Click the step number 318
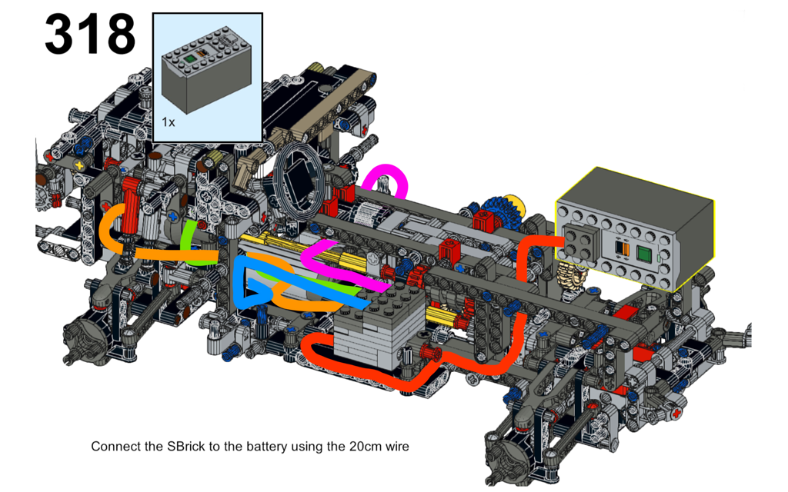[x=90, y=34]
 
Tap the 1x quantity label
[x=169, y=122]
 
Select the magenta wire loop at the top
[x=386, y=181]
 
